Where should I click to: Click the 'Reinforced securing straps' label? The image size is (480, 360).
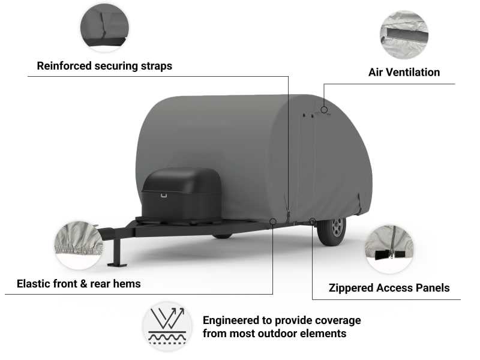tap(104, 66)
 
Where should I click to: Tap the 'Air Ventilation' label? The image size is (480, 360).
tap(404, 73)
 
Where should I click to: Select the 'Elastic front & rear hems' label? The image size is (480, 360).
tap(79, 283)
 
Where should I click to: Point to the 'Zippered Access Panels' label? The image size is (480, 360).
tap(389, 288)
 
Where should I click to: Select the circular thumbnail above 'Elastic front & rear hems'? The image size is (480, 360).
tap(78, 245)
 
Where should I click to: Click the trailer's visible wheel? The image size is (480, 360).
tap(332, 229)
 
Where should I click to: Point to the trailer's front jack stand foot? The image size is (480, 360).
tap(116, 263)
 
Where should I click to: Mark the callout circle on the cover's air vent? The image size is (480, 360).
tap(324, 110)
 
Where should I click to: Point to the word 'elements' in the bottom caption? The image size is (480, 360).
tap(325, 333)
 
